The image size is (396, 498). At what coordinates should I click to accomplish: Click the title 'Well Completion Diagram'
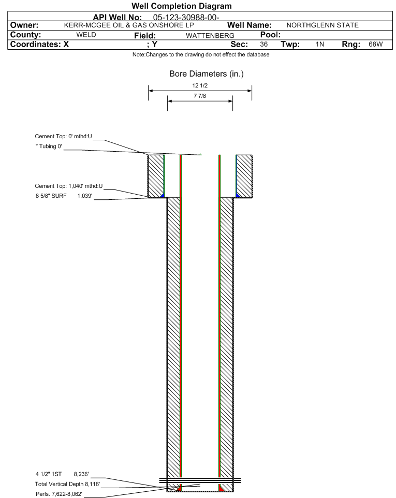pyautogui.click(x=182, y=6)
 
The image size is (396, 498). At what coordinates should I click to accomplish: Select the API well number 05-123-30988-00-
pyautogui.click(x=186, y=17)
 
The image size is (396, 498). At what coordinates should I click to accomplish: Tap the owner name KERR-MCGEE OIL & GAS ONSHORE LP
pyautogui.click(x=129, y=25)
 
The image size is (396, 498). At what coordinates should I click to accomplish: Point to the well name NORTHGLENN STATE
pyautogui.click(x=322, y=25)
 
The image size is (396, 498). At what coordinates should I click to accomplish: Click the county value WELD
pyautogui.click(x=86, y=35)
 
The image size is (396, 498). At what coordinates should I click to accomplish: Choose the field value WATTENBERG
pyautogui.click(x=210, y=35)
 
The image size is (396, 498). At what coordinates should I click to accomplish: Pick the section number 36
pyautogui.click(x=263, y=44)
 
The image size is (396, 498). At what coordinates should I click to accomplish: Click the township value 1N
pyautogui.click(x=320, y=44)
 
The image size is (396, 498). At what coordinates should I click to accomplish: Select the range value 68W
pyautogui.click(x=376, y=44)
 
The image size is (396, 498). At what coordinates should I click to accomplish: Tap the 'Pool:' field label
pyautogui.click(x=270, y=35)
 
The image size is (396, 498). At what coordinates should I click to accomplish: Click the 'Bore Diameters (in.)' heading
pyautogui.click(x=207, y=74)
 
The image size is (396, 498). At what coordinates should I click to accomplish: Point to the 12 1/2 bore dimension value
pyautogui.click(x=200, y=85)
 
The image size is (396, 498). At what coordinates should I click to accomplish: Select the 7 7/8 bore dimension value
pyautogui.click(x=200, y=96)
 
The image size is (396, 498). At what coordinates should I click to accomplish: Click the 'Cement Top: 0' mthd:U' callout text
pyautogui.click(x=63, y=136)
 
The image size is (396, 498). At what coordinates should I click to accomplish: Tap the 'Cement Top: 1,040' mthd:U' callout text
pyautogui.click(x=69, y=186)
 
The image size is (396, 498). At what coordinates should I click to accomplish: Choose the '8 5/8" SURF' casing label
pyautogui.click(x=51, y=196)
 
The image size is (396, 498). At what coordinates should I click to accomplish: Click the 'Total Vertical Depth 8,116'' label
pyautogui.click(x=67, y=484)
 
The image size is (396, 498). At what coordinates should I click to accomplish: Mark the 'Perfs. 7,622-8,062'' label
pyautogui.click(x=58, y=494)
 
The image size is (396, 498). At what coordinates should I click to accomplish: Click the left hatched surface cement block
pyautogui.click(x=156, y=176)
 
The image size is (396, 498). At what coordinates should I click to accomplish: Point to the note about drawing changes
pyautogui.click(x=201, y=54)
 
